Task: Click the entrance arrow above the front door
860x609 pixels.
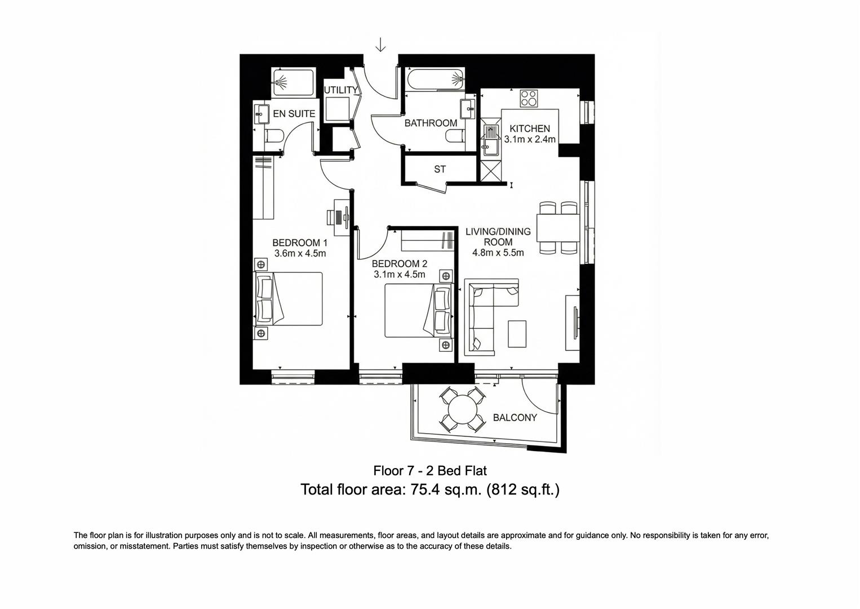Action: tap(381, 45)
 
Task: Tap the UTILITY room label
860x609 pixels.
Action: tap(340, 90)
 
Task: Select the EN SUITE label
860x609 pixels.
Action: tap(294, 113)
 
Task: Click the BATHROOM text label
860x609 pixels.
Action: tap(431, 123)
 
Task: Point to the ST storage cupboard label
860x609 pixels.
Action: tap(440, 169)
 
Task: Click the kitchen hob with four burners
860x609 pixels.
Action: tap(529, 98)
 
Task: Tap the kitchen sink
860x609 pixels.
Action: tap(491, 138)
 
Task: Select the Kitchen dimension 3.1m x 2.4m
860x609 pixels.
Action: tap(530, 139)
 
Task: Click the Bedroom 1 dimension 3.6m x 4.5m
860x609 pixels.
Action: tap(300, 253)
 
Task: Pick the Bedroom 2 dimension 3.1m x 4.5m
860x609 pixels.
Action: tap(399, 275)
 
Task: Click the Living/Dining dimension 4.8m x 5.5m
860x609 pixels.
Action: tap(498, 253)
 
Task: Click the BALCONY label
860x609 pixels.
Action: tap(515, 418)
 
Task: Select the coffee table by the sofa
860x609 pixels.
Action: tap(517, 334)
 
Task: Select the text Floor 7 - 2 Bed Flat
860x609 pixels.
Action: tap(430, 470)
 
